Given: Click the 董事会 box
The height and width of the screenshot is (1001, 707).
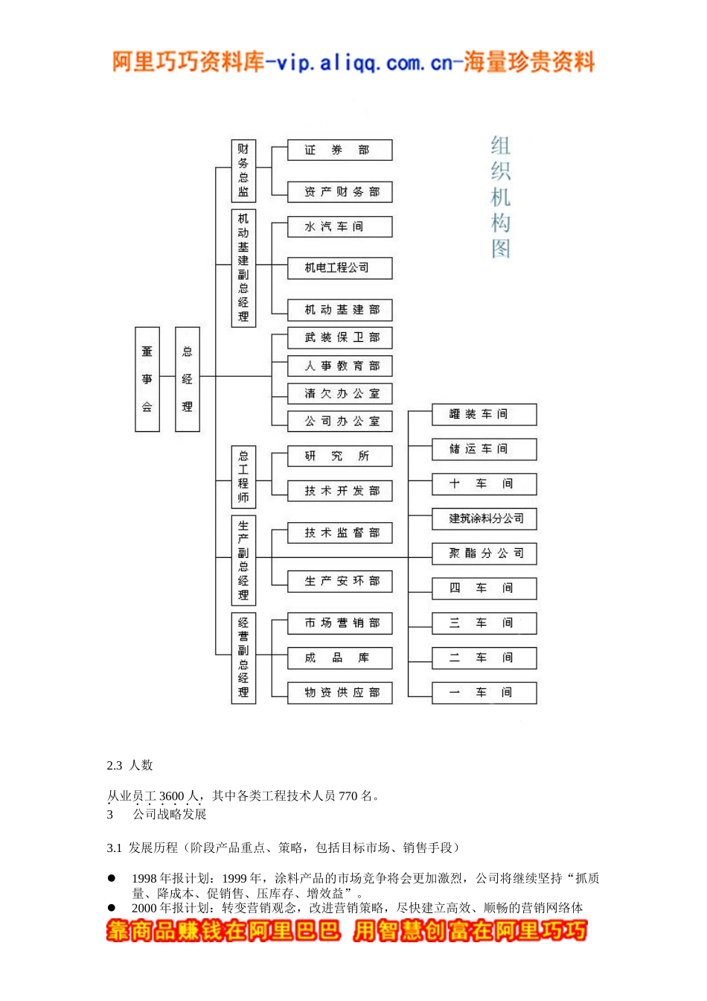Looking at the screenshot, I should point(147,379).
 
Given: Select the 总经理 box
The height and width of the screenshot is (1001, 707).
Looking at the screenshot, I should point(188,379).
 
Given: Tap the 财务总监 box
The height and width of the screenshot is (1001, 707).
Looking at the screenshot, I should point(243,171).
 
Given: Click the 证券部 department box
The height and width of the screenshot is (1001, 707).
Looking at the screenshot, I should point(339,150).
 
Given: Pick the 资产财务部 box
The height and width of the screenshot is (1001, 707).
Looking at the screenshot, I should point(339,192).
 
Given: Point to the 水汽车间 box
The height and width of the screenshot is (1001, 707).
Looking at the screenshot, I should point(339,227).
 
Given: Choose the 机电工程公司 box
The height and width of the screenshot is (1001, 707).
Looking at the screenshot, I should point(339,268).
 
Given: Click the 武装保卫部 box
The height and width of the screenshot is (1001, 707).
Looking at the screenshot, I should point(339,338).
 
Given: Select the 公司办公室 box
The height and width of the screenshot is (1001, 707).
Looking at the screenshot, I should point(339,422).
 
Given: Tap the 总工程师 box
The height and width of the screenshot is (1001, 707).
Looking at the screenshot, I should point(243,477).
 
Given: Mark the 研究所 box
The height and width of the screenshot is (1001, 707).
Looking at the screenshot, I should point(339,457).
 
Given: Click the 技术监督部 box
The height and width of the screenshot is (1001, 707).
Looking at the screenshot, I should point(339,533).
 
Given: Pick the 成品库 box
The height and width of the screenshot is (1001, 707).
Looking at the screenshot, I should point(339,658).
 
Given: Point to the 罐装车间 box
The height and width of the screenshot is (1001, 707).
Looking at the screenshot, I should point(484,414).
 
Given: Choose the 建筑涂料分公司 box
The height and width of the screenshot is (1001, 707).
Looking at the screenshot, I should point(484,519).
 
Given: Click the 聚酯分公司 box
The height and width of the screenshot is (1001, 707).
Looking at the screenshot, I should point(484,553).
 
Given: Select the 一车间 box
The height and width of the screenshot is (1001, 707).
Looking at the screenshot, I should point(484,693).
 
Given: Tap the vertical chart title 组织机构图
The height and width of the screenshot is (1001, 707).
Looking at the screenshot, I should point(501,197).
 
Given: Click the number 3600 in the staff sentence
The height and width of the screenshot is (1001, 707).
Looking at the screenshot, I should point(171,796).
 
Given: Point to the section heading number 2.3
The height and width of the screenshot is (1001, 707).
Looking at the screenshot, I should point(115,766).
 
